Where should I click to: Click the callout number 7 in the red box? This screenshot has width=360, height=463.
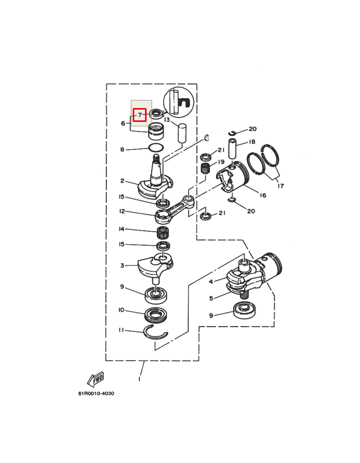(x=140, y=115)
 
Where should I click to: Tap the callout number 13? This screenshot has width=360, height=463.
(x=167, y=120)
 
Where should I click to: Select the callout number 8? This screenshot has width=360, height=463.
(x=122, y=150)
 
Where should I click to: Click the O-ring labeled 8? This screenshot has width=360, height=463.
(x=156, y=147)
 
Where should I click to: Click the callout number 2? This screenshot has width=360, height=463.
(x=122, y=181)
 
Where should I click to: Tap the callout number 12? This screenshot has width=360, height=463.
(x=122, y=211)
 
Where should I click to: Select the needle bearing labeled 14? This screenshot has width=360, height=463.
(x=163, y=233)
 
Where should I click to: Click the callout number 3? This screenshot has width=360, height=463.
(x=122, y=265)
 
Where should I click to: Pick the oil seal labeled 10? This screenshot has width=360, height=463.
(x=156, y=315)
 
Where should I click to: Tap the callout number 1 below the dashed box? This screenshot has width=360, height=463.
(x=139, y=379)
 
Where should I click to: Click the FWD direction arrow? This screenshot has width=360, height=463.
(x=96, y=380)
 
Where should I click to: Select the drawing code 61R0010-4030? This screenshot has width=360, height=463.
(x=96, y=394)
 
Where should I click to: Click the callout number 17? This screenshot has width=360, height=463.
(x=281, y=186)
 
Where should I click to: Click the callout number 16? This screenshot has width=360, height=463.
(x=263, y=195)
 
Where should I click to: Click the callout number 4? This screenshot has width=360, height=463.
(x=211, y=282)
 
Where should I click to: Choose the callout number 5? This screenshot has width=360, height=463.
(x=211, y=298)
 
